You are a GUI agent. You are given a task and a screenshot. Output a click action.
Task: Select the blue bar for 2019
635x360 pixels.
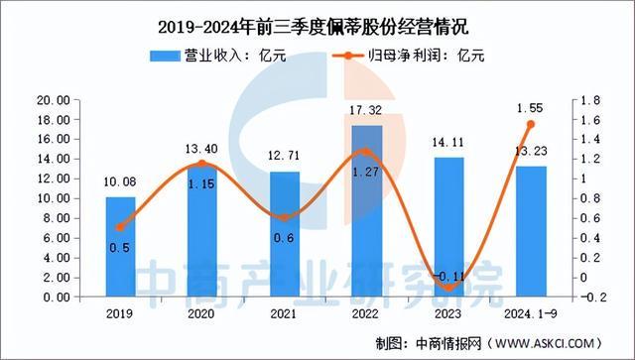(120, 247)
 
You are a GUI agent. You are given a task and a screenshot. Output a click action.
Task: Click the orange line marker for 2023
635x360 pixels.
(448, 288)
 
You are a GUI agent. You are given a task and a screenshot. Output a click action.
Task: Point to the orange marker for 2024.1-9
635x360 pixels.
(530, 124)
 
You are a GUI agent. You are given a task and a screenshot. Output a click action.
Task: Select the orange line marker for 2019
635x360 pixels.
(120, 227)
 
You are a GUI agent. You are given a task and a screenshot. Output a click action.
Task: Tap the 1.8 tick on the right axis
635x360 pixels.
(586, 100)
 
